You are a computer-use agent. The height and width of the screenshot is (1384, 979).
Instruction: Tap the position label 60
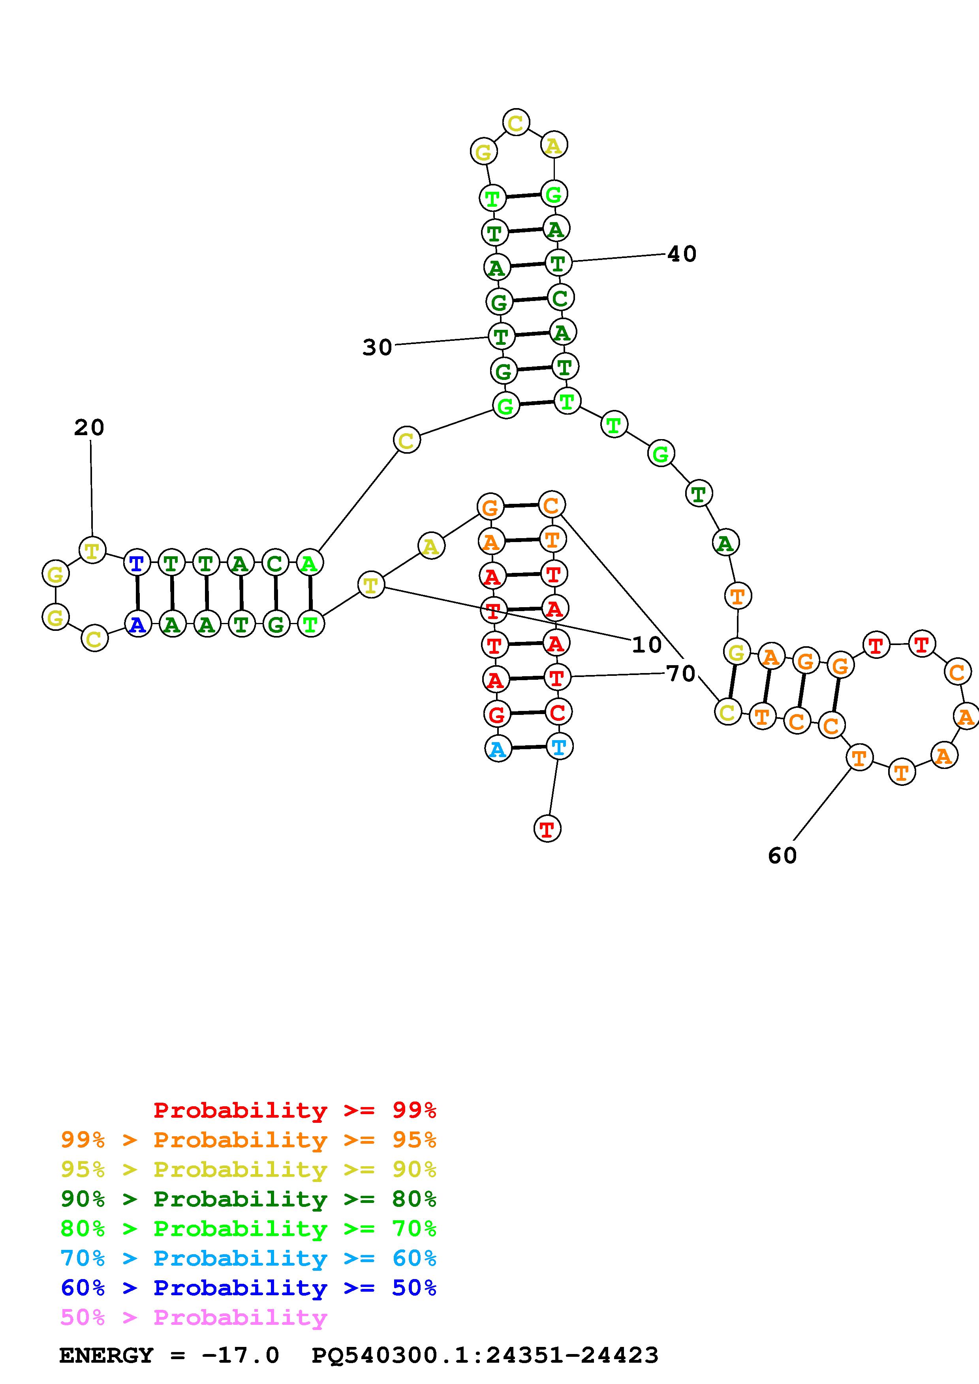(782, 855)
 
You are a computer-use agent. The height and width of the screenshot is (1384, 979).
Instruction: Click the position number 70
(681, 673)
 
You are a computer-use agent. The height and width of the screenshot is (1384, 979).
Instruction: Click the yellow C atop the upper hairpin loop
(516, 123)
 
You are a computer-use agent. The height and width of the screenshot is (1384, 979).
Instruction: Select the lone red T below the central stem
(547, 829)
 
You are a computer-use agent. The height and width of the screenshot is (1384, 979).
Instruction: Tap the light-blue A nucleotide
(498, 749)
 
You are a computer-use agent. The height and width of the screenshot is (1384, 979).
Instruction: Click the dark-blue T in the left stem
(137, 564)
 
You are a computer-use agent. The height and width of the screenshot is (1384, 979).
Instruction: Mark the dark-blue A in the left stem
(137, 625)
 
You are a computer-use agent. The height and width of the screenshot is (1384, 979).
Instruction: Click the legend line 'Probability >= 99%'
(295, 1110)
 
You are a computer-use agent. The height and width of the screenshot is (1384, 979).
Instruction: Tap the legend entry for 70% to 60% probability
(248, 1258)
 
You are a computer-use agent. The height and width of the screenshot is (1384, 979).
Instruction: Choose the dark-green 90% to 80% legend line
(248, 1199)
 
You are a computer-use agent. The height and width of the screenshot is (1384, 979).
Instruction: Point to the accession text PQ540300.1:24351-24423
(485, 1355)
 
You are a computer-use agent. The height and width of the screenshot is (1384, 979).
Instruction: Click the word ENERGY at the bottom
(106, 1355)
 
